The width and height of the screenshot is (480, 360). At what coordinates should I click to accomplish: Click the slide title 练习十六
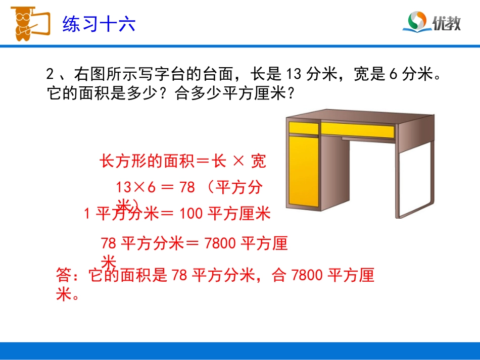click(x=99, y=24)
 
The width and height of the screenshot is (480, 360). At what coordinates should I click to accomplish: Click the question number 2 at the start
click(x=50, y=75)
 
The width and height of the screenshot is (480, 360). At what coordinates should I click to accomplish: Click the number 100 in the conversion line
click(x=190, y=214)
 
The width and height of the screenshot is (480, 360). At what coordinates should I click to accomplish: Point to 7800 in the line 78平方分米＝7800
click(x=221, y=244)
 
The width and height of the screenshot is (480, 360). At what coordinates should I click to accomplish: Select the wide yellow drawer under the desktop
click(x=357, y=130)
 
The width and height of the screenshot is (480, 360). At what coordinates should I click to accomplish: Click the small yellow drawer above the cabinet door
click(x=303, y=128)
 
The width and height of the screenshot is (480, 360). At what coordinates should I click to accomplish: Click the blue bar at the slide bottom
click(x=240, y=350)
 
